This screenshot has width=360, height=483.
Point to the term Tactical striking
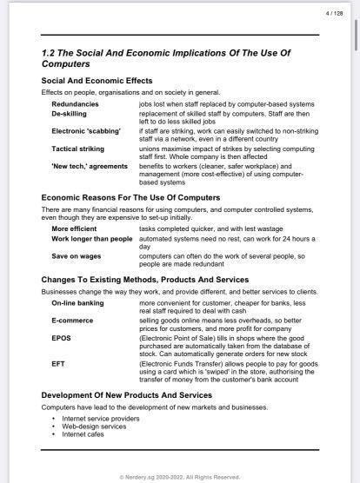pos(77,148)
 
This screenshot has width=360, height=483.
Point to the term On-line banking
pos(77,303)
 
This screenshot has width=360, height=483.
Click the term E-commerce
pos(69,321)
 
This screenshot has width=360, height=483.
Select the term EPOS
pos(61,338)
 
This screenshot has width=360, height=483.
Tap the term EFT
pos(58,362)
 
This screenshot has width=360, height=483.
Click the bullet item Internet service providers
pos(102,418)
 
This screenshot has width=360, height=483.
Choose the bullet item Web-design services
pos(93,426)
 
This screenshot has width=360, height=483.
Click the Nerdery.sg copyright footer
pos(180,476)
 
